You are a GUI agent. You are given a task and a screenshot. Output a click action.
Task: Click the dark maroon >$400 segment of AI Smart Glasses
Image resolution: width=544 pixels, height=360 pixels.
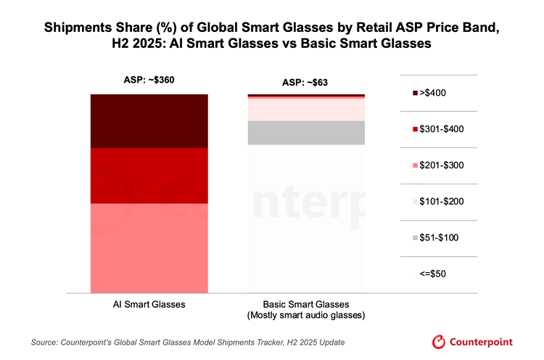click(x=149, y=121)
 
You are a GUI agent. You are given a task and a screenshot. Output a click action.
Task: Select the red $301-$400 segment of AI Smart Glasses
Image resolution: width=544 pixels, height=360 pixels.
click(x=149, y=176)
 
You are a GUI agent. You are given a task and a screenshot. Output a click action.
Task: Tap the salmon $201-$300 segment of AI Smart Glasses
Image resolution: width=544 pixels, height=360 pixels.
click(x=149, y=247)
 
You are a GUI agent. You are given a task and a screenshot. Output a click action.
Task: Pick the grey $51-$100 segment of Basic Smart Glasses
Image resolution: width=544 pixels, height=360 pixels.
click(x=305, y=133)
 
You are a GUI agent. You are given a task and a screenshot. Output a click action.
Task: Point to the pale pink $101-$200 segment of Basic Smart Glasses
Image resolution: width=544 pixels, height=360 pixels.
click(x=305, y=109)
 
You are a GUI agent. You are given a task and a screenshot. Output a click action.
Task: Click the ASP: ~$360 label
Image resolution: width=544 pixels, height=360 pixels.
click(x=149, y=81)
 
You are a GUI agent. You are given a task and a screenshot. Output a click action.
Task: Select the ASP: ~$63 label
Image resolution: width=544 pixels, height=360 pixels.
click(x=305, y=82)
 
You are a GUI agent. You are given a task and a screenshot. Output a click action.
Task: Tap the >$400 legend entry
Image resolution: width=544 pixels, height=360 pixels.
click(x=439, y=93)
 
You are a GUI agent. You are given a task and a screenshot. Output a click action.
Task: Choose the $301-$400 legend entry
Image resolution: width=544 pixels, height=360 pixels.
click(x=439, y=129)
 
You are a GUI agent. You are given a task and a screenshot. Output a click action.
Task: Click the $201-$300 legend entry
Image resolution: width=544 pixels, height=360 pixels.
click(x=439, y=165)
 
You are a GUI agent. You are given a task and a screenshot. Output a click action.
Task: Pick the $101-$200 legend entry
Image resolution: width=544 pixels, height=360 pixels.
click(x=439, y=202)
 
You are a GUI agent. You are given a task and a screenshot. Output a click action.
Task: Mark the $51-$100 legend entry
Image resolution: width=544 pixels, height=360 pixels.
click(x=439, y=238)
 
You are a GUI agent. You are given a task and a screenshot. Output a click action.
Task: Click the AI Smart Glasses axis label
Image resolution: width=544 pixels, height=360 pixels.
click(x=149, y=304)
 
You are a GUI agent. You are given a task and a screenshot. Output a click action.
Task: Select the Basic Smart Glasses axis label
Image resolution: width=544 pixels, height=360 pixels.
click(x=305, y=304)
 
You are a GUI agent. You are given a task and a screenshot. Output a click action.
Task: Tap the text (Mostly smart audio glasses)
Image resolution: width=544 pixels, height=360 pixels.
click(x=305, y=316)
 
